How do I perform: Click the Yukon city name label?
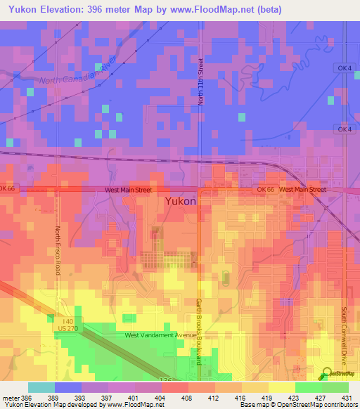point(181,201)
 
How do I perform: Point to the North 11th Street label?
point(201,82)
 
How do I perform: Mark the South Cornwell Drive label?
point(345,316)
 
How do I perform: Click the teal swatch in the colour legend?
point(41,387)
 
